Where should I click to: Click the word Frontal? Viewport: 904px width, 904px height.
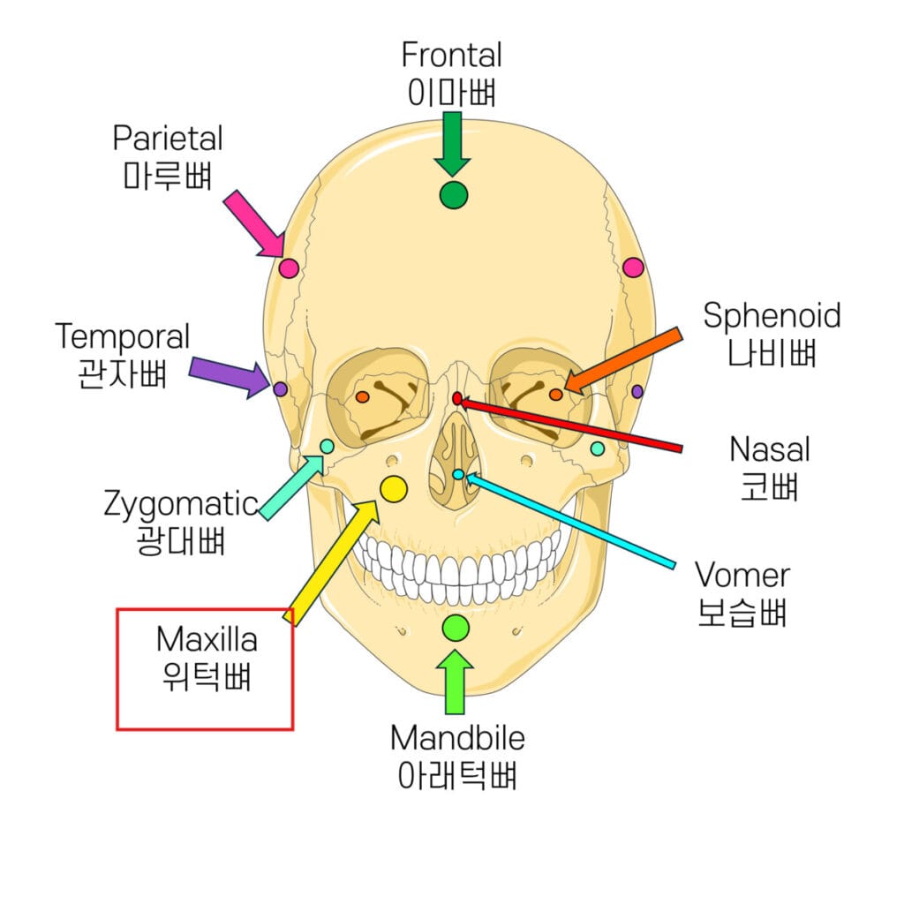(451, 56)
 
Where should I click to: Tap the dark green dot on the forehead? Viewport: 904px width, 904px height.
(453, 195)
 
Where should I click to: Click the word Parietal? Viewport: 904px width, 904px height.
(168, 139)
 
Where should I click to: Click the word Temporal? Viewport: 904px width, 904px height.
(123, 336)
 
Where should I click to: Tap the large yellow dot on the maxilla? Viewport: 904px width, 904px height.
(393, 487)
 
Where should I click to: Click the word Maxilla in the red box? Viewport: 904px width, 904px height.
(207, 638)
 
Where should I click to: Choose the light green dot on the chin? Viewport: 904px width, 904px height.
(456, 628)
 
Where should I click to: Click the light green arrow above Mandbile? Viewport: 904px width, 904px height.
(456, 681)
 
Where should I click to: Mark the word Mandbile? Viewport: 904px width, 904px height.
(457, 737)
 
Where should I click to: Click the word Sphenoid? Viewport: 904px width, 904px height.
(772, 316)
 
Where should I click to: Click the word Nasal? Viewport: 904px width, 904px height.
(769, 449)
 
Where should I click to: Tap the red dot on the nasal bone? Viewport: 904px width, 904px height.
(457, 399)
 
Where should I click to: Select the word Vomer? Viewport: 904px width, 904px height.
(742, 576)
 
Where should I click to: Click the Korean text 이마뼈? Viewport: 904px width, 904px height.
(451, 92)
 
